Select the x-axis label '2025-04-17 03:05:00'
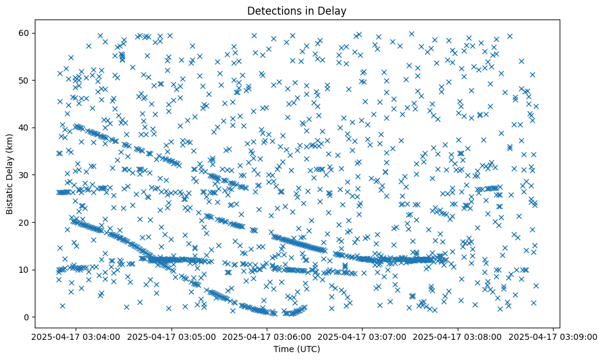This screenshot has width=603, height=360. pos(172,336)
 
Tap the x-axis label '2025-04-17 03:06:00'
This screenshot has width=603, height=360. pos(267,336)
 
